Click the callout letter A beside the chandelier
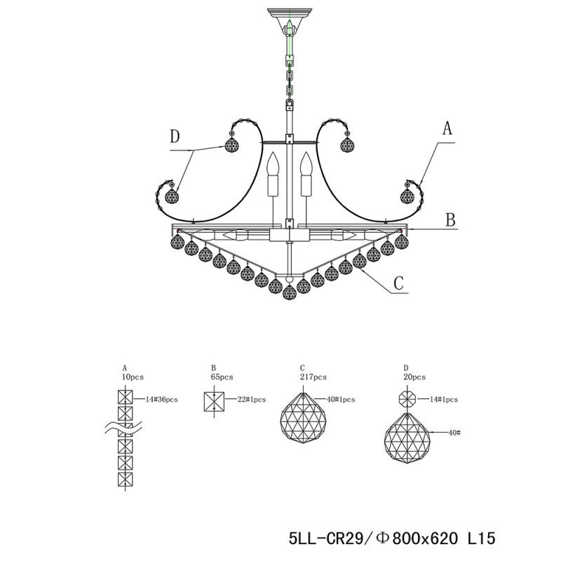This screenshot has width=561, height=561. click(x=447, y=128)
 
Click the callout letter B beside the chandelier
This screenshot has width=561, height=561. click(x=451, y=220)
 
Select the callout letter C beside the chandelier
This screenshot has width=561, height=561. click(x=399, y=283)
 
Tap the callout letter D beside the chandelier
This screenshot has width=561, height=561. click(x=175, y=136)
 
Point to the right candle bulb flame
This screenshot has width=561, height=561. click(x=305, y=165)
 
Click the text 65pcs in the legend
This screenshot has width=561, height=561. click(x=221, y=377)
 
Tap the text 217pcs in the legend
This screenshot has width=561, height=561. click(x=313, y=377)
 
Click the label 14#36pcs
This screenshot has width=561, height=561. click(x=161, y=399)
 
